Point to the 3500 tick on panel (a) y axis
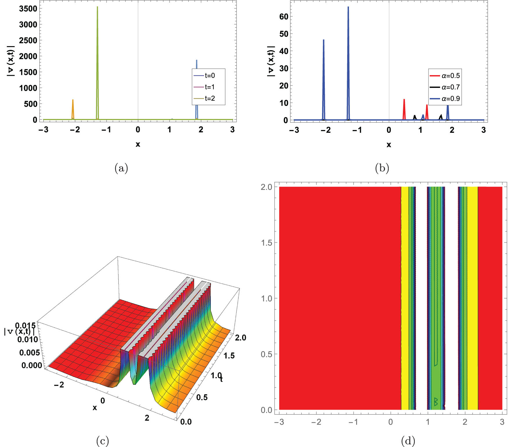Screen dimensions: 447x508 click(28, 9)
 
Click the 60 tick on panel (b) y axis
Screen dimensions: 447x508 click(284, 17)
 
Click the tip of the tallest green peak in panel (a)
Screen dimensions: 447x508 click(97, 7)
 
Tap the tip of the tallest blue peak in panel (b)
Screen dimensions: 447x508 click(348, 7)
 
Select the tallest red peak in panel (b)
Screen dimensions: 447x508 click(404, 100)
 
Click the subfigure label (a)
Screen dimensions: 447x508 click(121, 168)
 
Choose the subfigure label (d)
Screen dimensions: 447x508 click(408, 441)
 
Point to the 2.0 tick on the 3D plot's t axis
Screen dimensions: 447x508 click(240, 338)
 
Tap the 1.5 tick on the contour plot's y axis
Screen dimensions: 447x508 click(266, 243)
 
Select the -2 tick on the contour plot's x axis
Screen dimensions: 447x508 click(316, 422)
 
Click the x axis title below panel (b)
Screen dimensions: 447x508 click(389, 144)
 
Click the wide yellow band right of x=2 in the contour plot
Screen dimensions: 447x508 click(472, 299)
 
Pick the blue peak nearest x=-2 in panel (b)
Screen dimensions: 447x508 click(323, 41)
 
